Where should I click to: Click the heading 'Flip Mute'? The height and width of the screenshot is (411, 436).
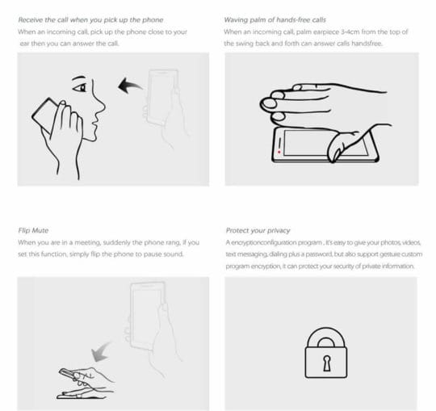coord(33,230)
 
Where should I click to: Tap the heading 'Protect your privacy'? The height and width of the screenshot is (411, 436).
coord(258,230)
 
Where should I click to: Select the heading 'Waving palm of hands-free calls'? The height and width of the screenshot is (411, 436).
coord(275,20)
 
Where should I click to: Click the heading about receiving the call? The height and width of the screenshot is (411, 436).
coord(90,20)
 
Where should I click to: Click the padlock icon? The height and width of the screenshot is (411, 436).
coord(326,353)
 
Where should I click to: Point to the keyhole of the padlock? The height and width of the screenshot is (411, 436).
coord(327,363)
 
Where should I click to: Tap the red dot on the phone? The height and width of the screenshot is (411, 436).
coord(279,152)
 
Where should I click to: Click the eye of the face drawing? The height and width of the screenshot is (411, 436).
coord(80,88)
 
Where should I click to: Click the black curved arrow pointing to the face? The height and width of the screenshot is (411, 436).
coord(129,85)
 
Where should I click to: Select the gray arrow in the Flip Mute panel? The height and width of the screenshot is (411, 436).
coord(101,352)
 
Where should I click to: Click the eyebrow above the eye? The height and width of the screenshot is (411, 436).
coord(78,78)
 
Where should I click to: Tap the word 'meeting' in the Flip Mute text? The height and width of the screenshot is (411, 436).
coord(87,242)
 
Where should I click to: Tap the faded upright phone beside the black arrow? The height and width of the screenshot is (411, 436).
coord(163,97)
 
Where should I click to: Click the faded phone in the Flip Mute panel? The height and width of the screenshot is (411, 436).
coord(148,315)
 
